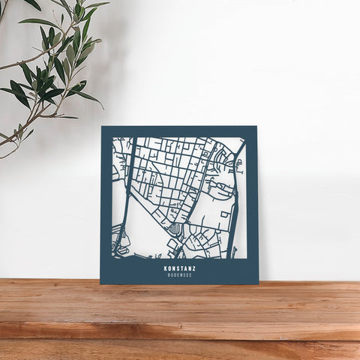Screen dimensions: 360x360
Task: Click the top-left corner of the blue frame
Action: point(101,127)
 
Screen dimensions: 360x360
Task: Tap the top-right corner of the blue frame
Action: point(256,127)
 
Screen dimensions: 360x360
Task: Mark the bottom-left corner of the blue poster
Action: point(100,283)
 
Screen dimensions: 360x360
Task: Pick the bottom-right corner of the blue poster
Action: point(258,283)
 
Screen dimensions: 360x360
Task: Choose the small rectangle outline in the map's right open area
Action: point(223,215)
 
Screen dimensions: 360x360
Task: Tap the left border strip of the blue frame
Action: point(106,202)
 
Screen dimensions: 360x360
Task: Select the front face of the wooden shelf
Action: point(180,331)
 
